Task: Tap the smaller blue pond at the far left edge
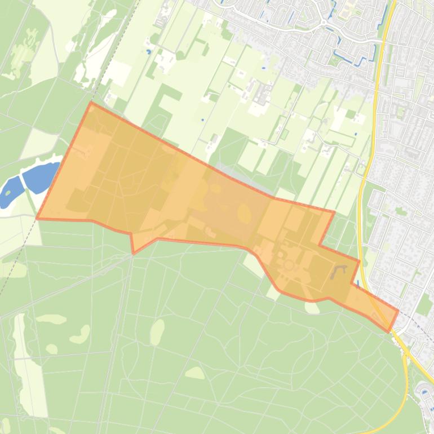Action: tap(9, 192)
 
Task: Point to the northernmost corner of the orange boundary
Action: tap(91, 103)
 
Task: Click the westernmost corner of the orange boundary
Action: tap(37, 218)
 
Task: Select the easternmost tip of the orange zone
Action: tap(398, 311)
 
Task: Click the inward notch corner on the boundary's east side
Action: tap(320, 245)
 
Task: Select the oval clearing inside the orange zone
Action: tap(245, 214)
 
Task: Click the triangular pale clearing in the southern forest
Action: tap(195, 373)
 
